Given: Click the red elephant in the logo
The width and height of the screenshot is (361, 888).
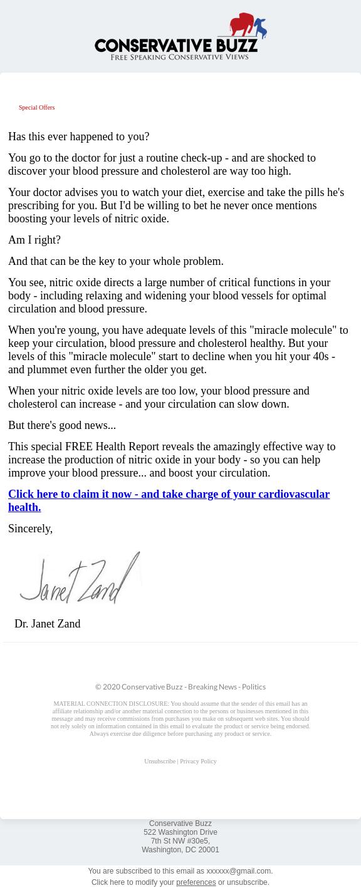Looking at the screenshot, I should pyautogui.click(x=243, y=26).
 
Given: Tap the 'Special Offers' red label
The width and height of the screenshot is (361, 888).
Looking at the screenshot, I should pyautogui.click(x=36, y=108).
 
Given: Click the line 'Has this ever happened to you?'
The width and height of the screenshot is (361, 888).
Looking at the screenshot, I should pyautogui.click(x=78, y=137).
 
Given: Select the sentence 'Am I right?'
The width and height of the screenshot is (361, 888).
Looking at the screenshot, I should pyautogui.click(x=34, y=240).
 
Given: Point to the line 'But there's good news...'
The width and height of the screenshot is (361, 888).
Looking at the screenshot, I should pyautogui.click(x=62, y=425).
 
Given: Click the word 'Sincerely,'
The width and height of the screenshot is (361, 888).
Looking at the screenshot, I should pyautogui.click(x=30, y=529).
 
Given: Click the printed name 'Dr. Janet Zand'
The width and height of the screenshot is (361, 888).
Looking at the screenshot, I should pyautogui.click(x=48, y=624).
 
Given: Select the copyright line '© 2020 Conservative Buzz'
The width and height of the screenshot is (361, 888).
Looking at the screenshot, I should pyautogui.click(x=139, y=687).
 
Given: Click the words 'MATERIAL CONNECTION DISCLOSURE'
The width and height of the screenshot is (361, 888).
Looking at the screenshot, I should pyautogui.click(x=111, y=704).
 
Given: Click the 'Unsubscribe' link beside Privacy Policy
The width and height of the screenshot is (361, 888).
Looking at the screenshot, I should pyautogui.click(x=160, y=762).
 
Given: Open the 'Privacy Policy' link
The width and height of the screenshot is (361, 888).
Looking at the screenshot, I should pyautogui.click(x=198, y=762).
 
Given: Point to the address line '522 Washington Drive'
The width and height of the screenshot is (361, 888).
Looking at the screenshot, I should pyautogui.click(x=180, y=832).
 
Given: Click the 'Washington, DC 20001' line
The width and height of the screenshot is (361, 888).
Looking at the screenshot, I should pyautogui.click(x=180, y=850).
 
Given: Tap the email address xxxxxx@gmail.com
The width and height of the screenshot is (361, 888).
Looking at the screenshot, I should pyautogui.click(x=239, y=871).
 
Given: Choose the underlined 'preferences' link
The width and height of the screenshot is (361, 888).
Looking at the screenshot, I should pyautogui.click(x=196, y=882).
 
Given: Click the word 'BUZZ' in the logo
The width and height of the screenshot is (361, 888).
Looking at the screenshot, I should pyautogui.click(x=235, y=46).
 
